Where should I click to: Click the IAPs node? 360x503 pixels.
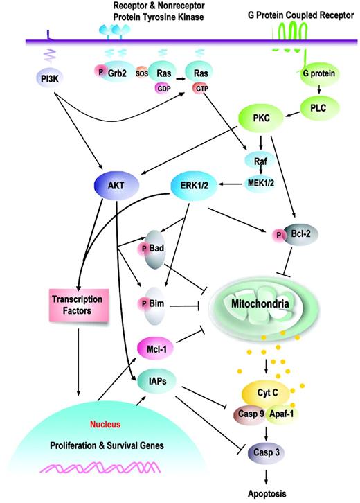tap(158, 380)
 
